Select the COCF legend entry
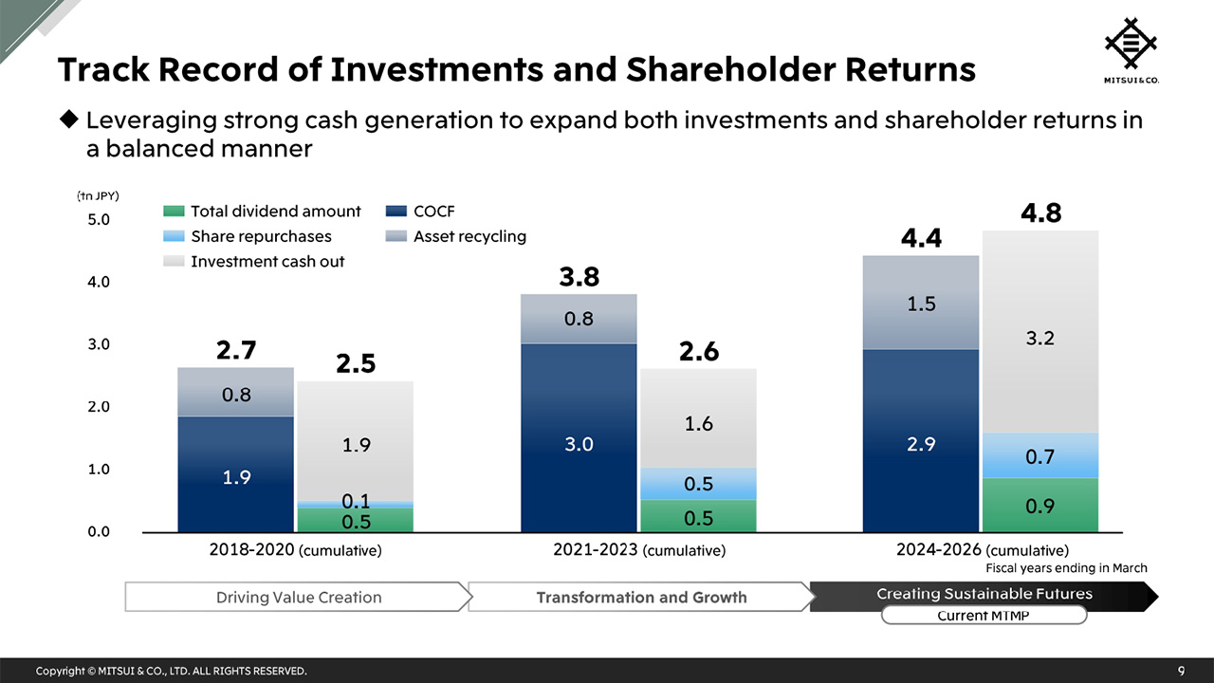tap(422, 212)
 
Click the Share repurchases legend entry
tap(248, 236)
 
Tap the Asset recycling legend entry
tap(457, 236)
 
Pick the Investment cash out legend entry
tap(254, 261)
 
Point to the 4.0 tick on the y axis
tap(99, 282)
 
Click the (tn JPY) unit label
tap(98, 195)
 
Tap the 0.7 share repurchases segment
tap(1039, 456)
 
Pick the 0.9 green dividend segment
tap(1039, 505)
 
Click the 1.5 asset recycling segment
tap(920, 304)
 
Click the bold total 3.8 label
tap(579, 277)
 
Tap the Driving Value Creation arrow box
tap(299, 597)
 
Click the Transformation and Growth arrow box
tap(641, 597)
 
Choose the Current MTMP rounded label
tap(984, 616)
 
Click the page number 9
tap(1181, 671)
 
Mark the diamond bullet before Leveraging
tap(68, 120)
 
